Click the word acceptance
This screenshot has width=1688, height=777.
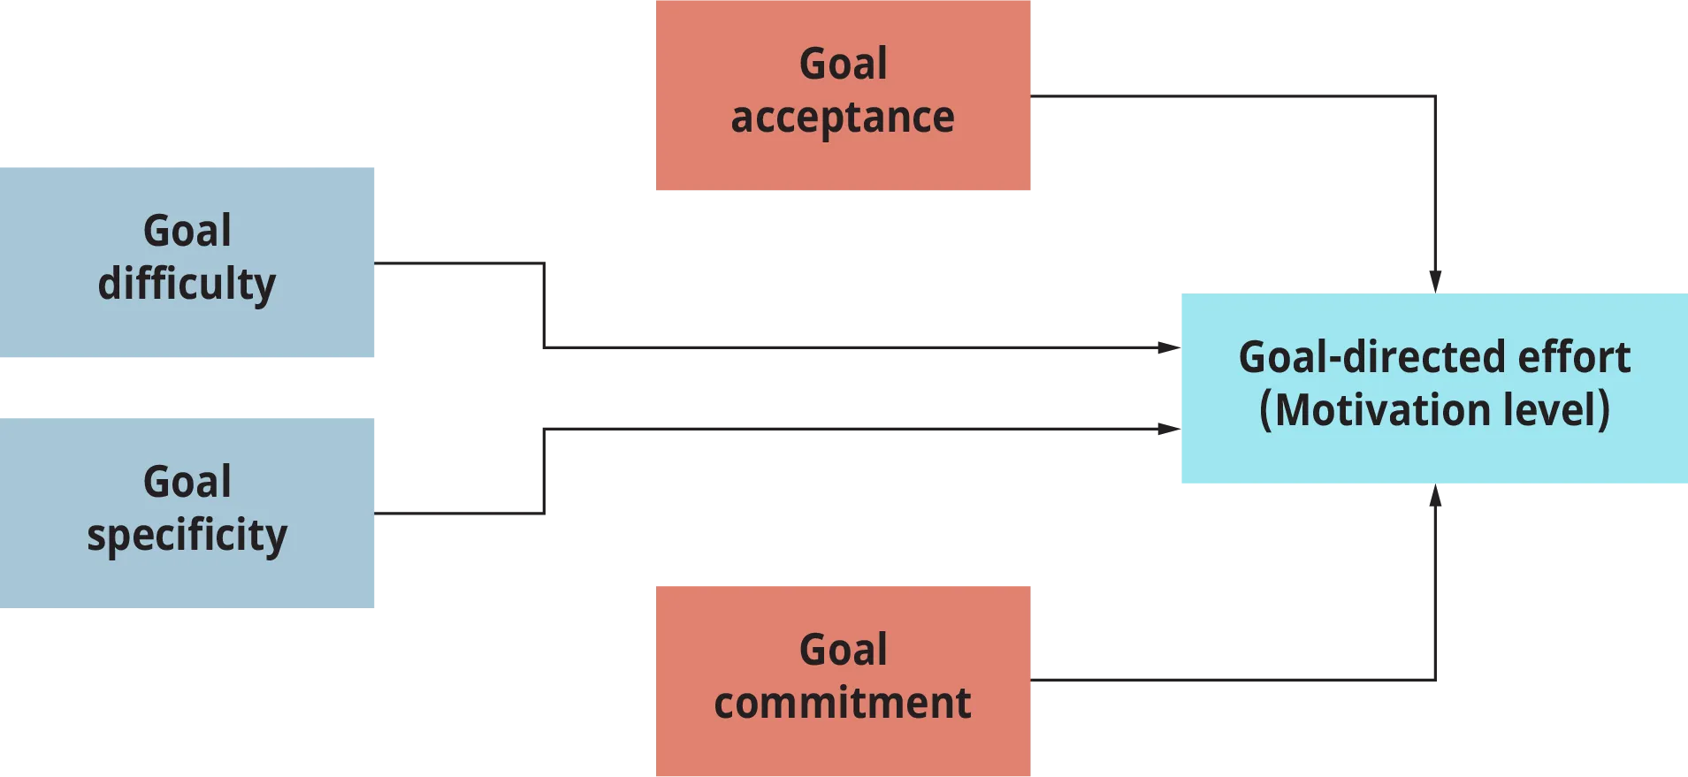842,118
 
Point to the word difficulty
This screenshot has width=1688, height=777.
187,284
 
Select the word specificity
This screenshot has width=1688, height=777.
187,536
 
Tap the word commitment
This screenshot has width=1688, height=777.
842,703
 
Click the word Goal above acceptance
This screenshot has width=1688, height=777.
843,64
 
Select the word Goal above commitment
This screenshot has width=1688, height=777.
843,650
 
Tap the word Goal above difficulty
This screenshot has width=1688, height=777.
187,231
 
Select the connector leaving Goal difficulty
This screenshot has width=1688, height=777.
796,346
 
